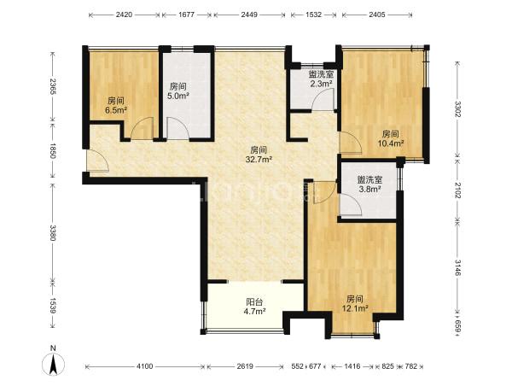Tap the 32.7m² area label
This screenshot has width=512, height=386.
click(259, 159)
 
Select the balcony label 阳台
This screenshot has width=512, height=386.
click(254, 302)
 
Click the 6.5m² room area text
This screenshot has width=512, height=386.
click(116, 110)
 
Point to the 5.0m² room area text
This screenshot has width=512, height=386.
click(178, 96)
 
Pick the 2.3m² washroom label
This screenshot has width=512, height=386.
click(321, 84)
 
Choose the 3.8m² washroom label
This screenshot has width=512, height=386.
click(369, 189)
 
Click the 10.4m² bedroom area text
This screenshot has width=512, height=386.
click(391, 143)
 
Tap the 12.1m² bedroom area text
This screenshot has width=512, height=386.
click(355, 308)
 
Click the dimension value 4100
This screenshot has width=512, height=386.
click(144, 366)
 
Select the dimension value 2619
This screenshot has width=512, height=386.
click(245, 366)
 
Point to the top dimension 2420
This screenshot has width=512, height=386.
click(124, 15)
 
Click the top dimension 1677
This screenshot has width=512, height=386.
click(187, 15)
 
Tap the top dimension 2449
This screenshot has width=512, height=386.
click(249, 15)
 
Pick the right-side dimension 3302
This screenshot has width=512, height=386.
click(457, 109)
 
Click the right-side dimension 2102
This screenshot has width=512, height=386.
click(457, 190)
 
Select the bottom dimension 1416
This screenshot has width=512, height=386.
click(352, 366)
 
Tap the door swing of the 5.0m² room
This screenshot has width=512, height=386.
click(178, 128)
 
